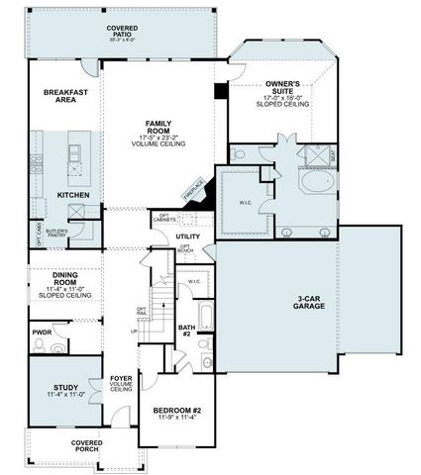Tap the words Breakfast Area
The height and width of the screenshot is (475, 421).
[66, 97]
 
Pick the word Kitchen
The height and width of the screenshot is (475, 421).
[73, 195]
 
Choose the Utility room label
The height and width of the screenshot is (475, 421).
[188, 237]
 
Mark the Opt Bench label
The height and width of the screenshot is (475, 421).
[184, 250]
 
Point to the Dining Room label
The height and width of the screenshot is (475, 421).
[64, 283]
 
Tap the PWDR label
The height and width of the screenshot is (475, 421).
[42, 332]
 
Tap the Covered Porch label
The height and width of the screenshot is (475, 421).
[91, 446]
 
